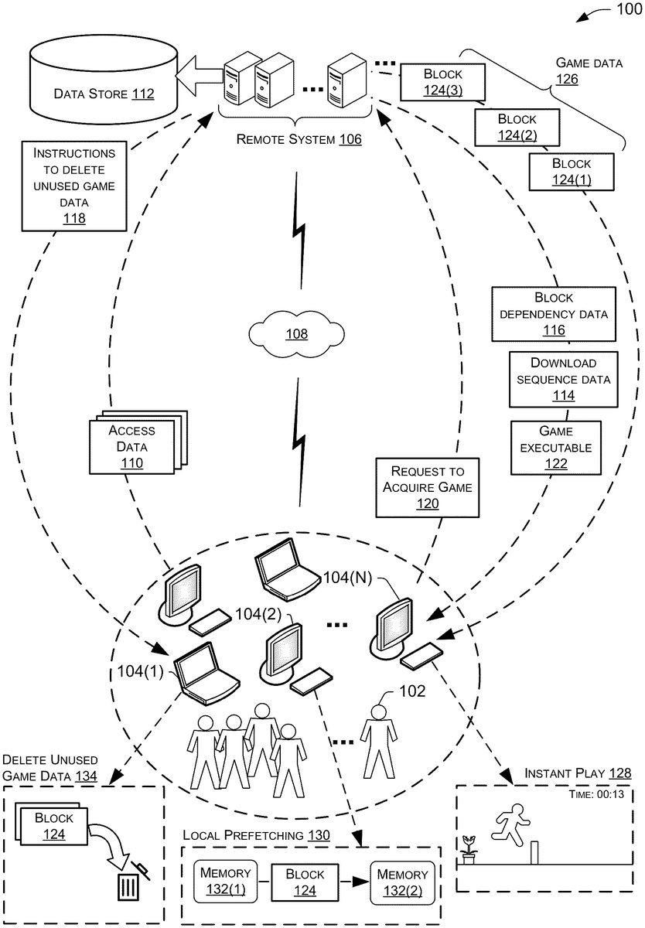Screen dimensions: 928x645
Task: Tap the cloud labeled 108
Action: click(296, 333)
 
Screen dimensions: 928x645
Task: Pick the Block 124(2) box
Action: click(516, 128)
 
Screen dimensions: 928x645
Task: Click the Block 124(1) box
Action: click(571, 172)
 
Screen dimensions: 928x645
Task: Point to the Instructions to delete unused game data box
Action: click(74, 186)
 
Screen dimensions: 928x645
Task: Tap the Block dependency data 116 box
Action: click(553, 314)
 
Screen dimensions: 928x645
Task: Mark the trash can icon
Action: click(127, 885)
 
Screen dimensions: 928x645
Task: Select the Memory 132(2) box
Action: click(402, 882)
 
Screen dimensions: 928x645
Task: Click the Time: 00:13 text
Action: click(592, 795)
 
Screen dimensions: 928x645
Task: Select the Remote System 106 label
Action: click(299, 139)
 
